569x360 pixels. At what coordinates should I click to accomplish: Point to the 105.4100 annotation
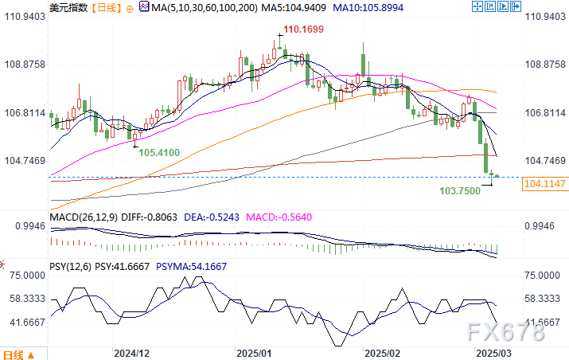tap(158, 151)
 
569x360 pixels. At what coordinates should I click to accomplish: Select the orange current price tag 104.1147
tap(544, 184)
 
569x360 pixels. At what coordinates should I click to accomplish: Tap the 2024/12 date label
tap(132, 351)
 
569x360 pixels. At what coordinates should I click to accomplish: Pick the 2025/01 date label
tap(255, 351)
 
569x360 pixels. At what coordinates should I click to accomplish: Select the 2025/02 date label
tap(381, 351)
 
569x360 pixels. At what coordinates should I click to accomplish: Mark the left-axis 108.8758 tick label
tap(23, 65)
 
